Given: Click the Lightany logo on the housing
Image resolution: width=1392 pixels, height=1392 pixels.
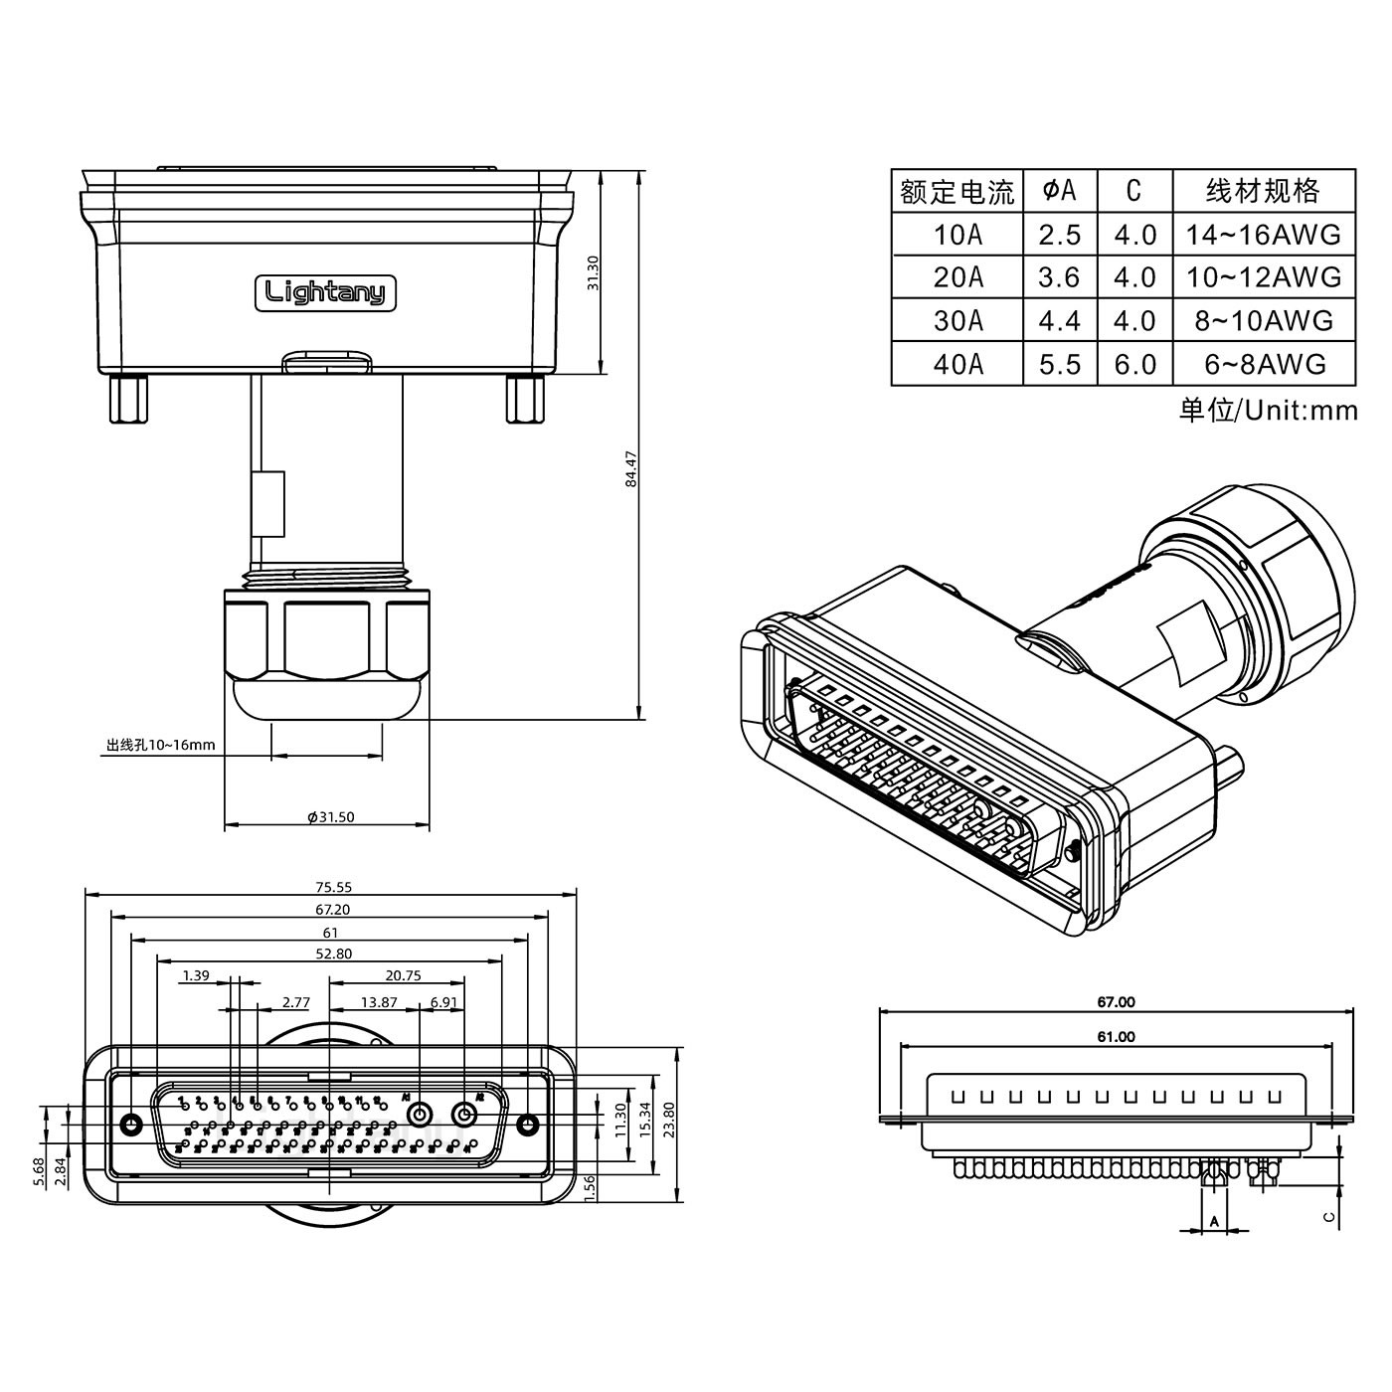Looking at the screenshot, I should (x=326, y=292).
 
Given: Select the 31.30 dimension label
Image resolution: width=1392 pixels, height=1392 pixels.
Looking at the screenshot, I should (x=594, y=272).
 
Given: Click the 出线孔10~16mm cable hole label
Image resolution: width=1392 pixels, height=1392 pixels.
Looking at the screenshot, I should (x=160, y=745).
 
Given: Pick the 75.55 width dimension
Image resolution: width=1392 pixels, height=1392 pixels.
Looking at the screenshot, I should (x=333, y=887).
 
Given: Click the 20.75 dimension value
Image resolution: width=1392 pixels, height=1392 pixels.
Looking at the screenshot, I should (x=403, y=975).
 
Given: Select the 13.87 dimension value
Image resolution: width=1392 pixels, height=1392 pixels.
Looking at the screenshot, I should (x=379, y=1002).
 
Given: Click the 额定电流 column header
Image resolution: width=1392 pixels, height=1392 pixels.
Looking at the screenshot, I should (x=957, y=192).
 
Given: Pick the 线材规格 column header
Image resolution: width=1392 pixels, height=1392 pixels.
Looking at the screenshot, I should (x=1263, y=191).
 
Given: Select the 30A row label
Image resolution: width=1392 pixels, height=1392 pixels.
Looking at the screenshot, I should (x=957, y=320).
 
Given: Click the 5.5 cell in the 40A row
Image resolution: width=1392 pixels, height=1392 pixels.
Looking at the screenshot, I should (x=1059, y=364).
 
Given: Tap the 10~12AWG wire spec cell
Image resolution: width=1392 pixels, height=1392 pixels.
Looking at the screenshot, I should (x=1263, y=277).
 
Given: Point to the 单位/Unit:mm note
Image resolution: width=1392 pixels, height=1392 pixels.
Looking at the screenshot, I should (x=1268, y=410).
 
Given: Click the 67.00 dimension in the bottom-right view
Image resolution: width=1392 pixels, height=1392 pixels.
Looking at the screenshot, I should (x=1116, y=1002).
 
